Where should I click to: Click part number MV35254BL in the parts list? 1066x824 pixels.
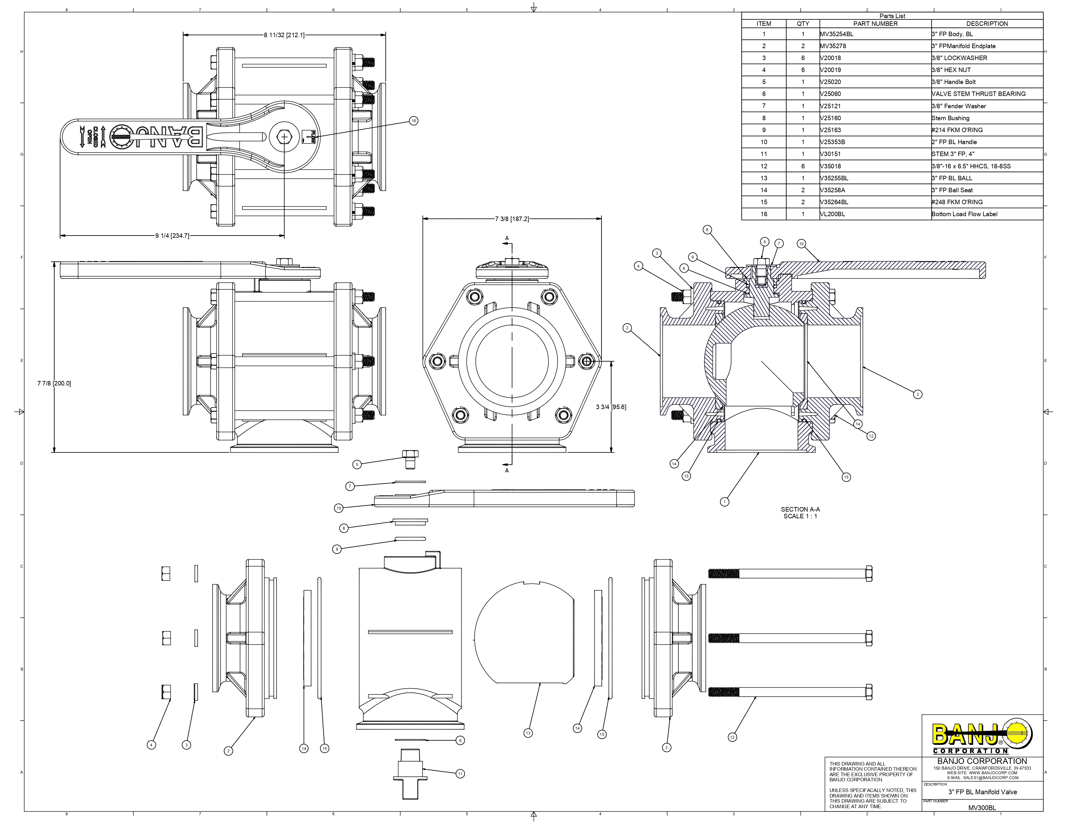coord(837,34)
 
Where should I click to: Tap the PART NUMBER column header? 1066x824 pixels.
coord(875,24)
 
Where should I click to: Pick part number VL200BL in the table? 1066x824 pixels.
coord(833,214)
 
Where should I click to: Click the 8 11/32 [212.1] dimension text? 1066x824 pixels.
coord(284,35)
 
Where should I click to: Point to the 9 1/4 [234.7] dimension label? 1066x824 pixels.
coord(172,236)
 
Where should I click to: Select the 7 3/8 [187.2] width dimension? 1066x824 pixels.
coord(512,219)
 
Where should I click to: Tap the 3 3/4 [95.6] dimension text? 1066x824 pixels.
coord(611,407)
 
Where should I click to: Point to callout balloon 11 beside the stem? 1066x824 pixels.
coord(460,773)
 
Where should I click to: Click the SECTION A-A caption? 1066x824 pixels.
coord(800,512)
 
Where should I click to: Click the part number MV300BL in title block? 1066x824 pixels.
coord(982,808)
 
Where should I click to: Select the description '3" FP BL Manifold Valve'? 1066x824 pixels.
coord(982,792)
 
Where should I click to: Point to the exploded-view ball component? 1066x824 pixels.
coord(524,632)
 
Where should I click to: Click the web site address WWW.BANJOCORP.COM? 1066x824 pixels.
coord(982,773)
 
